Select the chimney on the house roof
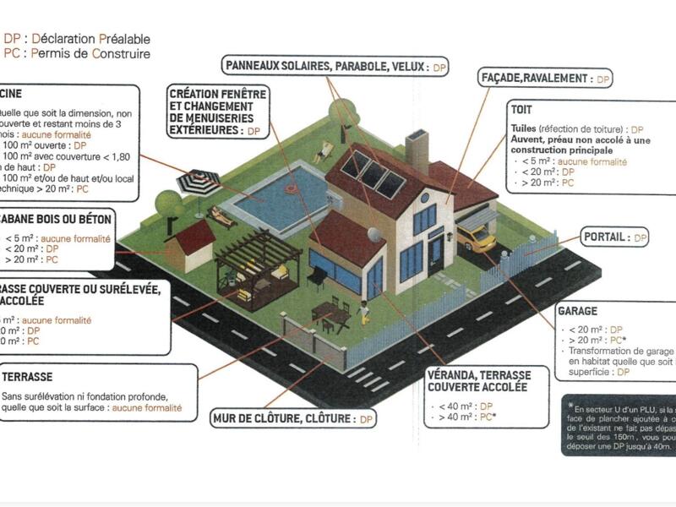tap(417, 149)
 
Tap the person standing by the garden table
tap(363, 312)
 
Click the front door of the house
tap(435, 248)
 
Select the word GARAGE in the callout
tap(577, 311)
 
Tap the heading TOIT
tap(522, 110)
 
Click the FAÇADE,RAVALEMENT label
tap(536, 78)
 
